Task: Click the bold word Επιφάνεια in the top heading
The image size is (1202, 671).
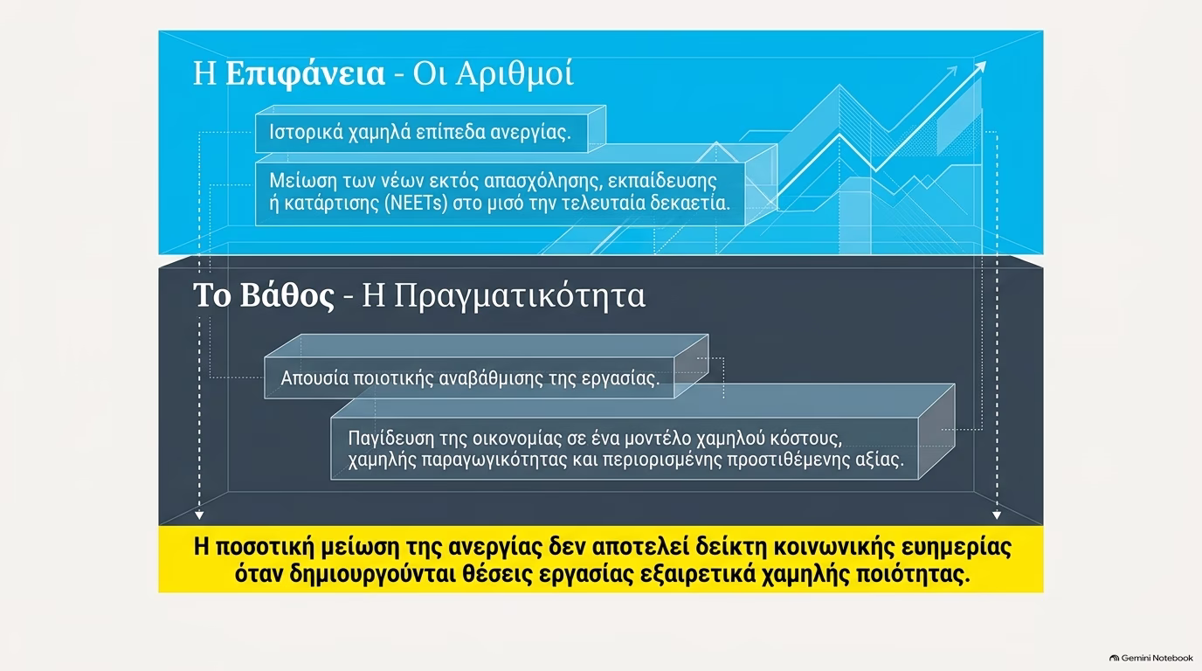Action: [305, 74]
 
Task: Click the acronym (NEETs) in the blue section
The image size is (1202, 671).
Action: [416, 204]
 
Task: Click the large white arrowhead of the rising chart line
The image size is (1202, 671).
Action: [979, 67]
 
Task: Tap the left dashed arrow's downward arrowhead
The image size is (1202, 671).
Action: [199, 515]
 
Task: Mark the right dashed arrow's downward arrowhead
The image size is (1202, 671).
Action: [997, 515]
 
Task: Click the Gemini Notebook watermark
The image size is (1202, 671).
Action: [1151, 658]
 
